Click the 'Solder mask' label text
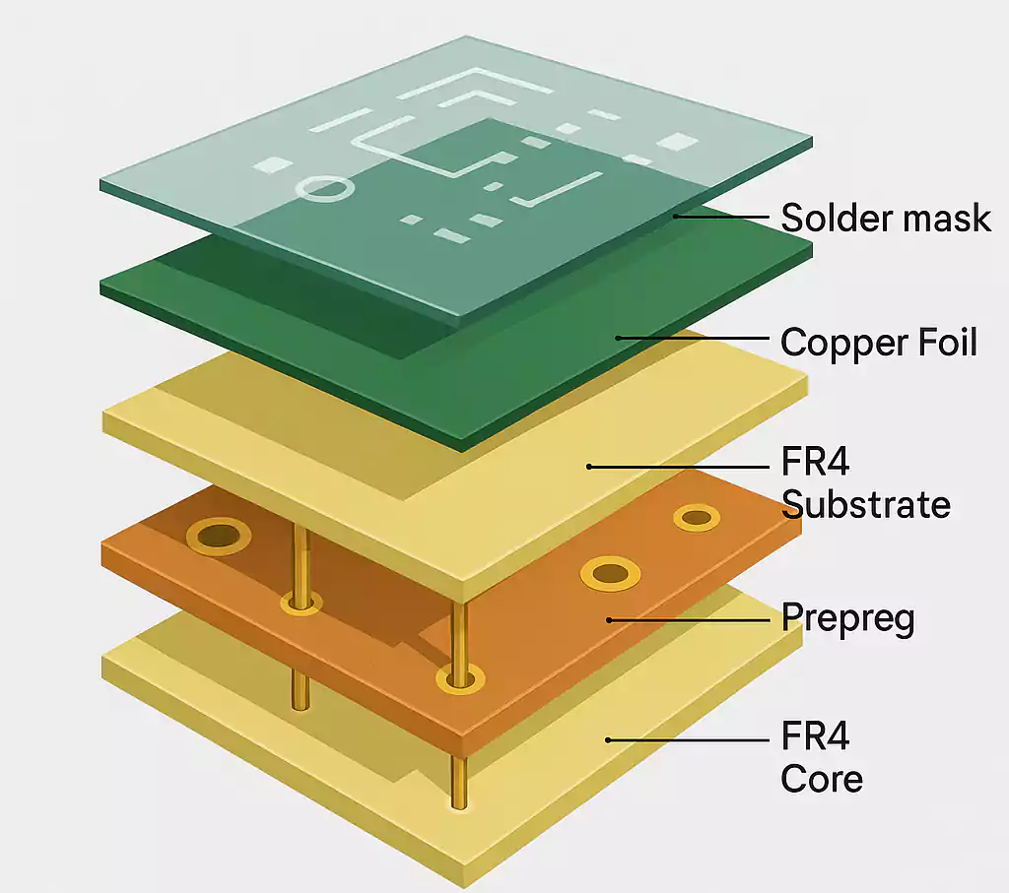pos(885,217)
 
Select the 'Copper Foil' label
pos(878,343)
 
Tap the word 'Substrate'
pos(865,504)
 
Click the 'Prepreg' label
pos(847,618)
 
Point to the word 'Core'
pos(821,779)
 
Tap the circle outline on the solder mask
pos(322,187)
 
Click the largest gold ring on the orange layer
pos(219,537)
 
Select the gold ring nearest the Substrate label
pos(696,517)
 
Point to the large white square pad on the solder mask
pos(676,141)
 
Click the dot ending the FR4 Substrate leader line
pos(588,466)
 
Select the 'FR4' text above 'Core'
pos(814,735)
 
